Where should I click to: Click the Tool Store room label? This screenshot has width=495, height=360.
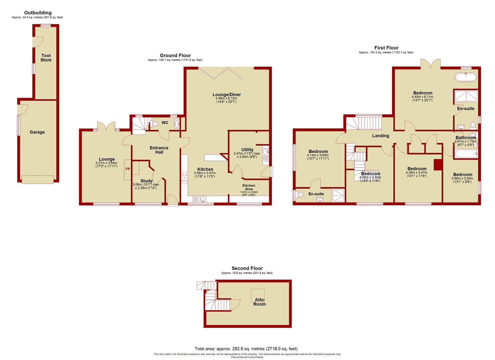point(46,58)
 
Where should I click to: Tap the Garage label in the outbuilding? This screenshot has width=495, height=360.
point(37,132)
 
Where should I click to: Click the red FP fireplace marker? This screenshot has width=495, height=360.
point(128,169)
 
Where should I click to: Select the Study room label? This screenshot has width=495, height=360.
point(146,181)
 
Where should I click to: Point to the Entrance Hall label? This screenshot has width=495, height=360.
point(159,150)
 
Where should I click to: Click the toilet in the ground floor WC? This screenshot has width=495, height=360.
point(154,124)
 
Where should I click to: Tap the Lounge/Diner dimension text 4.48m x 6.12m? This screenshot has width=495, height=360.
point(226,98)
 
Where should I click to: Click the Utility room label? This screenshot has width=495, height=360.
point(247,150)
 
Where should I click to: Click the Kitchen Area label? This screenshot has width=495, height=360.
point(249,187)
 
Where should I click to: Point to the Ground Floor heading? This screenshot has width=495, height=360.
point(175,55)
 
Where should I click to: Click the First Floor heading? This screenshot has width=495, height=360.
point(386,48)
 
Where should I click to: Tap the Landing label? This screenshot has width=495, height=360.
point(380,136)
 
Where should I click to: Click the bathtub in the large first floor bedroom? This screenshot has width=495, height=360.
point(466,77)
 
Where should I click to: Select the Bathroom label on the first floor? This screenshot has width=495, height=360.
point(466,138)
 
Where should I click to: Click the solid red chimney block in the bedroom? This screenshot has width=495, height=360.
point(438,165)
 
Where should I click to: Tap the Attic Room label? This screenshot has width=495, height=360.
point(260,302)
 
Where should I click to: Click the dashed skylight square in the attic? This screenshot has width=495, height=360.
point(258,296)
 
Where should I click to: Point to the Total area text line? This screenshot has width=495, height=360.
point(246,349)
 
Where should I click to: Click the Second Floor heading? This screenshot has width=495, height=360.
point(247,268)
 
